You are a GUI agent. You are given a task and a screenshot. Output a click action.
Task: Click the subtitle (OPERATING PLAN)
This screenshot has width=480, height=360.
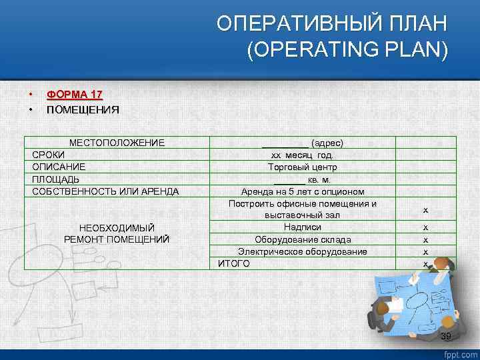tap(347, 51)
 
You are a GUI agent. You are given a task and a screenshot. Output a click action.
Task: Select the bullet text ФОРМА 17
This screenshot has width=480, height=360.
tap(74, 95)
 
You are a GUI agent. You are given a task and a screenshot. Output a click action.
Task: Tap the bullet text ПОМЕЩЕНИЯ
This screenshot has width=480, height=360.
tap(83, 109)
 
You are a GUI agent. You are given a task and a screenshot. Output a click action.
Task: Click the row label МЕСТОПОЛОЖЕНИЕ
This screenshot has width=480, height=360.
tap(117, 143)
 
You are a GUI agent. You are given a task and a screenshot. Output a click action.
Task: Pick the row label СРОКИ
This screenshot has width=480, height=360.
tap(49, 155)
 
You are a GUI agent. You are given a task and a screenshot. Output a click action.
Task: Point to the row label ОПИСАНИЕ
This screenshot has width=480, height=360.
tap(59, 167)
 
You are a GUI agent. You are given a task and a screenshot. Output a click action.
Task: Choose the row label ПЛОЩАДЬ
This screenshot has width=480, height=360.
tap(56, 179)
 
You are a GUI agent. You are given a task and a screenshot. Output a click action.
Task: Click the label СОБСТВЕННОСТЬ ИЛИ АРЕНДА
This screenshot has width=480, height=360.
tap(105, 191)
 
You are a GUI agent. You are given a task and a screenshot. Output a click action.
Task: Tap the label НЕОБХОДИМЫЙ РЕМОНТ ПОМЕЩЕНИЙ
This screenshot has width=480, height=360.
tap(117, 233)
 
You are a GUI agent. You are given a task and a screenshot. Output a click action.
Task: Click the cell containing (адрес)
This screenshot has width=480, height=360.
tap(303, 143)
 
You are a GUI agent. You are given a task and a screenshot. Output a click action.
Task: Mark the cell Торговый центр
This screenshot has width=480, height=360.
tap(303, 167)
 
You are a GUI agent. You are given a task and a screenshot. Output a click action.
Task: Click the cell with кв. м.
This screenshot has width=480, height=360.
tap(303, 179)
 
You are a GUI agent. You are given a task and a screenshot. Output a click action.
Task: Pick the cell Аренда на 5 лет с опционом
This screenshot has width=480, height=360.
tap(303, 191)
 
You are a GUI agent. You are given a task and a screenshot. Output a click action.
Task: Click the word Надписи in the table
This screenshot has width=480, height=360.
tap(303, 227)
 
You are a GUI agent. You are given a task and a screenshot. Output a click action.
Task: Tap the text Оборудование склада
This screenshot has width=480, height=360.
tap(303, 239)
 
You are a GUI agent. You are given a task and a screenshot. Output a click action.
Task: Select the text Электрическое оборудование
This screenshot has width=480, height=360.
tap(303, 251)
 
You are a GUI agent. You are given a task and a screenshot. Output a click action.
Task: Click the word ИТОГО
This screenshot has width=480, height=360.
tap(235, 263)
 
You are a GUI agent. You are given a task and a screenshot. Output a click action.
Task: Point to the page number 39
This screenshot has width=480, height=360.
tap(447, 335)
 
